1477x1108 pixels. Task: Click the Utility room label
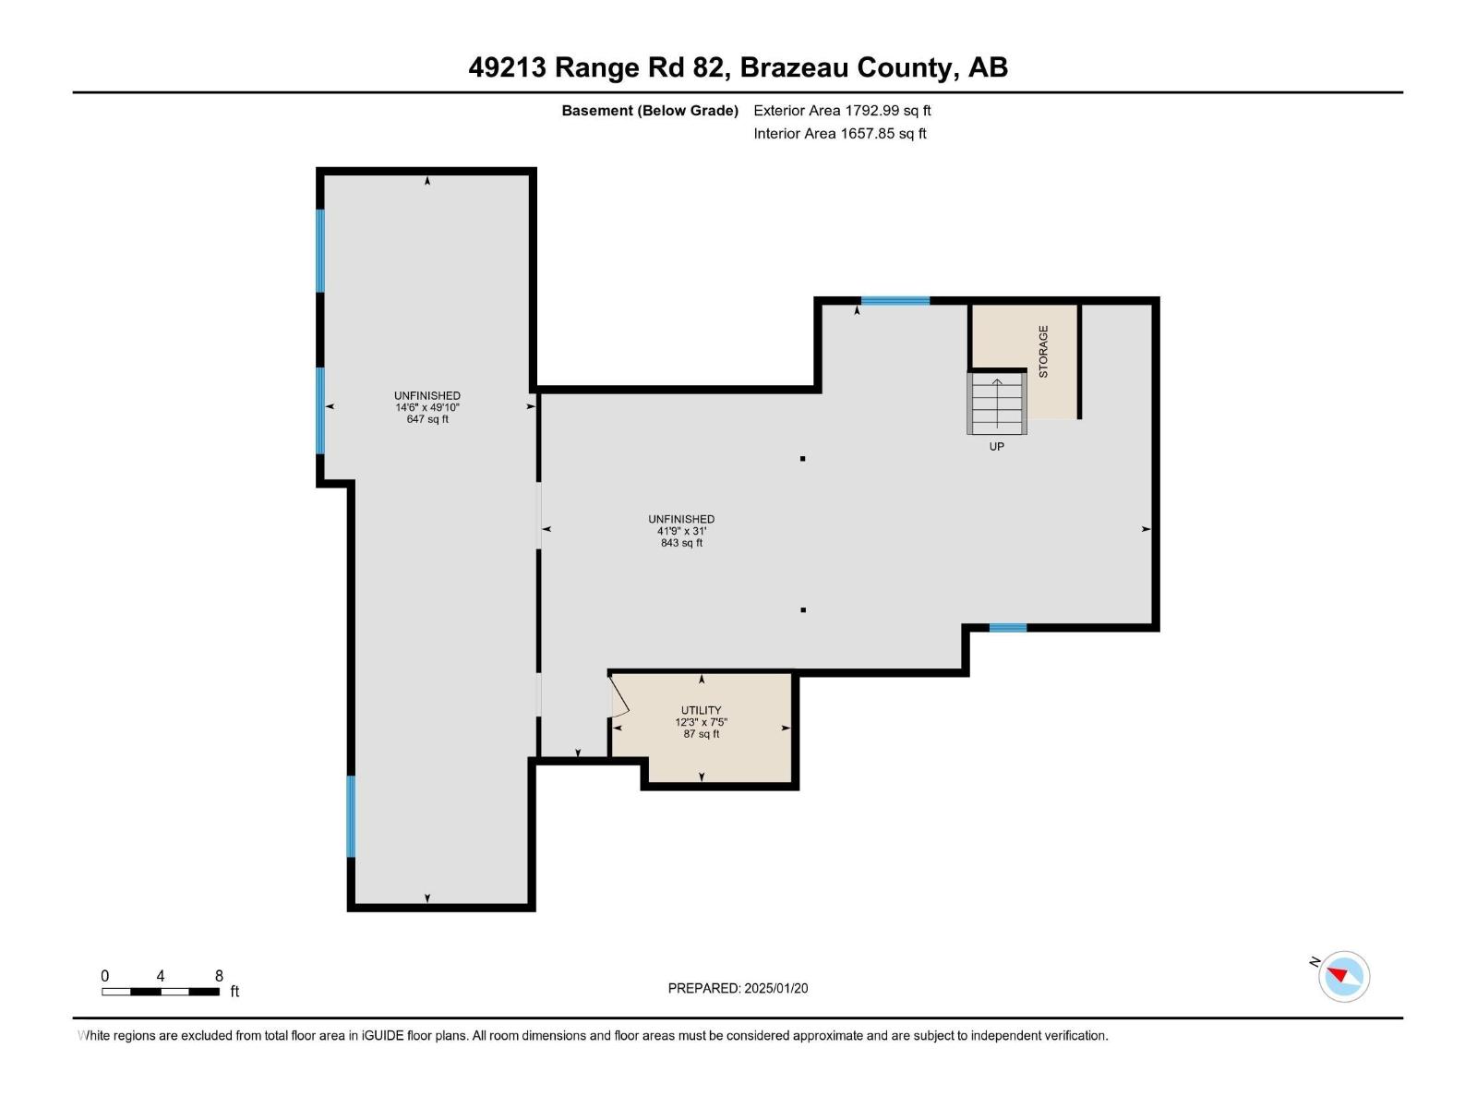(701, 710)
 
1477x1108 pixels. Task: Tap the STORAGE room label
(1043, 352)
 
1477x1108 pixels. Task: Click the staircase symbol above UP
(997, 403)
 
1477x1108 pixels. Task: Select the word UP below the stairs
(996, 447)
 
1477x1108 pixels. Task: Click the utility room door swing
(618, 699)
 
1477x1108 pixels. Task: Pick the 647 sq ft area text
(427, 419)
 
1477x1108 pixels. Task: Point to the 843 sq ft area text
(681, 543)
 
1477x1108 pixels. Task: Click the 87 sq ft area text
(701, 734)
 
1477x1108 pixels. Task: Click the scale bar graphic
(161, 992)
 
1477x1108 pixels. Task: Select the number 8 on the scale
(219, 976)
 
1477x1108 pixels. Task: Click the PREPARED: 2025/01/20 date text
(738, 988)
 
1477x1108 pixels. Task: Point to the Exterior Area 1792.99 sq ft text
(842, 111)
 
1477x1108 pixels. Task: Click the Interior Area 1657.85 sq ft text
(839, 134)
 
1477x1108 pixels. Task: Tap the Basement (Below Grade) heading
(650, 111)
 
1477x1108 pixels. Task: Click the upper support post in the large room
(803, 459)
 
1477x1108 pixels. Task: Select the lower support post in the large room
(803, 610)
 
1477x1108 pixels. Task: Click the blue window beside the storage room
(895, 301)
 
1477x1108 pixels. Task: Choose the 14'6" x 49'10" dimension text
(427, 407)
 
